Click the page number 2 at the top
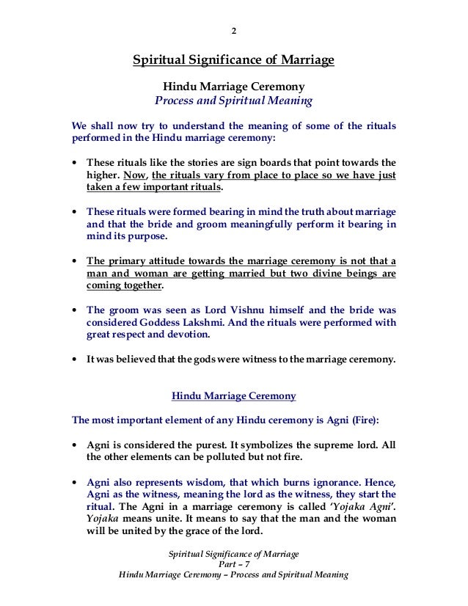233,31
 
